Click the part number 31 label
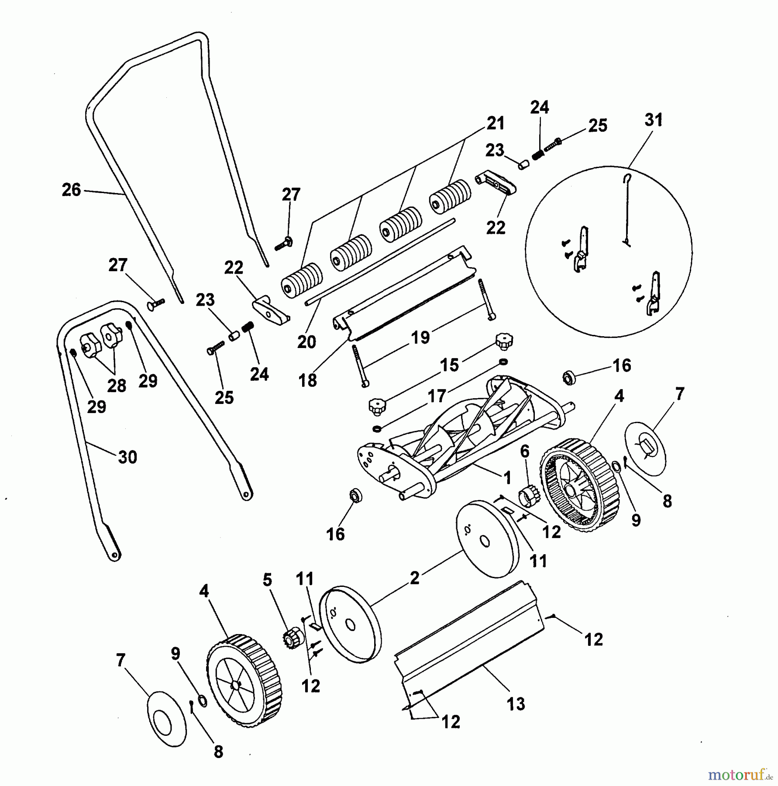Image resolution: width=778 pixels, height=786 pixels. (x=653, y=120)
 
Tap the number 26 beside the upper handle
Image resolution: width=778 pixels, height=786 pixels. (x=72, y=190)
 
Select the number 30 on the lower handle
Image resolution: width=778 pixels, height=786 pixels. (x=127, y=457)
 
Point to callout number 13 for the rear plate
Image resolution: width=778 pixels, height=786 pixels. (x=516, y=704)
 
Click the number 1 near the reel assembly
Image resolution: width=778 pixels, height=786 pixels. (x=507, y=478)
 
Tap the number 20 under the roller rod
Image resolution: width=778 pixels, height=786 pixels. (x=306, y=342)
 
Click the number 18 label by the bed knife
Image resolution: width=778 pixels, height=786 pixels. (x=308, y=380)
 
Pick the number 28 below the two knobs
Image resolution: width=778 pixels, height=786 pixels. (x=117, y=386)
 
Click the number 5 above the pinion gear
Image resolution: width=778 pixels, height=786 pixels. (x=267, y=580)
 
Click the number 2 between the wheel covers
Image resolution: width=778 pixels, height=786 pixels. (x=415, y=578)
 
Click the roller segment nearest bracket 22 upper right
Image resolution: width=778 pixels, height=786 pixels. (x=450, y=196)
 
